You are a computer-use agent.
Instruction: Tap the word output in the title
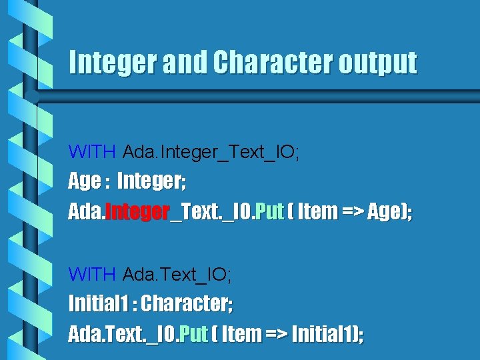click(x=377, y=63)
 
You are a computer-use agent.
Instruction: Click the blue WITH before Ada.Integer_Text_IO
click(x=93, y=153)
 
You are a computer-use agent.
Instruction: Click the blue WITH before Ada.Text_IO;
click(x=93, y=274)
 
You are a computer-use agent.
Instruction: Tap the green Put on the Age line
click(x=270, y=212)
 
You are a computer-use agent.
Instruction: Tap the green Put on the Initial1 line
click(x=194, y=333)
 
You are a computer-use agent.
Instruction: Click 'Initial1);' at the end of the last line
click(x=328, y=333)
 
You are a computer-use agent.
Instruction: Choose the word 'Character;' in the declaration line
click(x=187, y=304)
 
